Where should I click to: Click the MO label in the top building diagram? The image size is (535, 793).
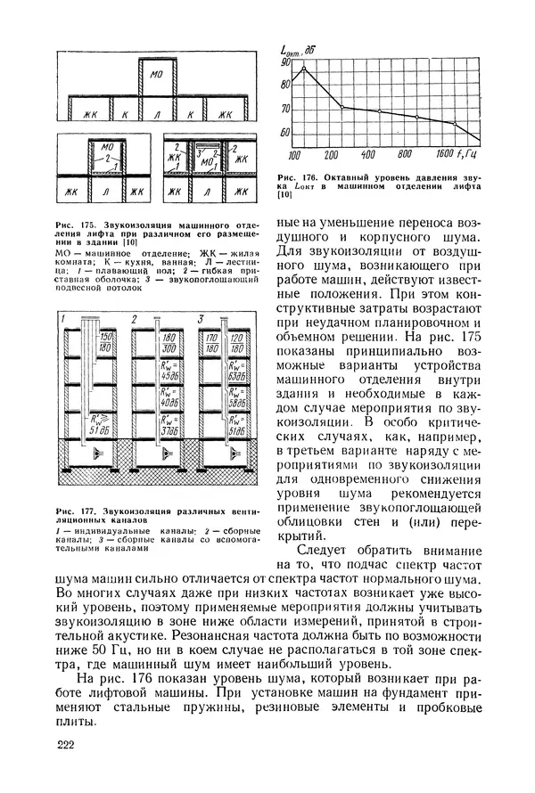tap(157, 72)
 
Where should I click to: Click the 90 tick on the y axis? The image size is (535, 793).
tap(285, 62)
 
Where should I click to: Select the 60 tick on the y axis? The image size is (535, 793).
tap(285, 133)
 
